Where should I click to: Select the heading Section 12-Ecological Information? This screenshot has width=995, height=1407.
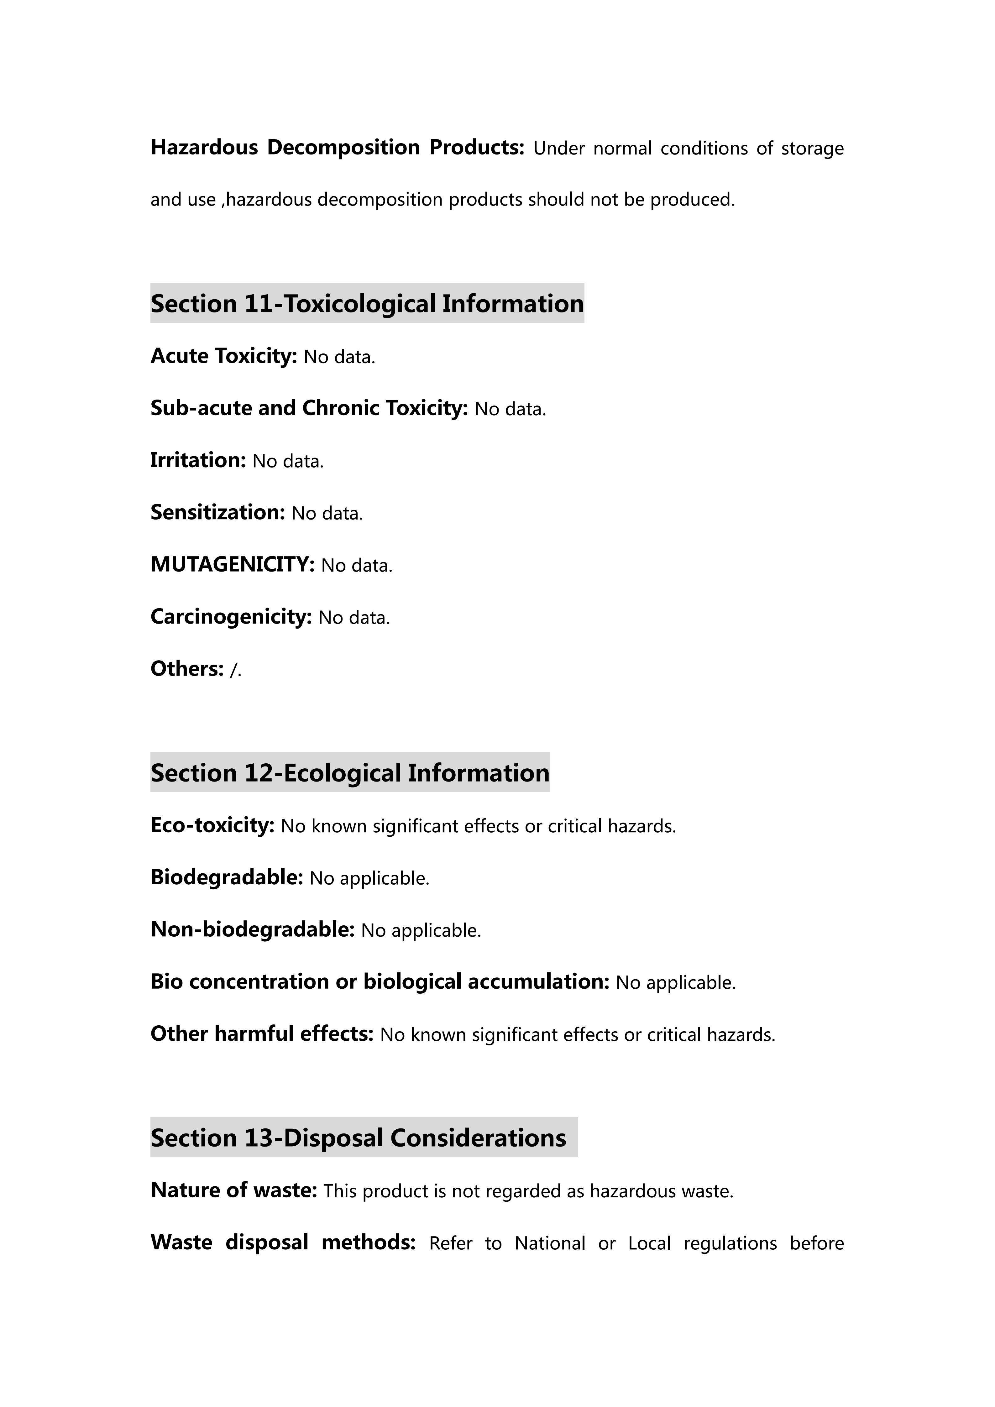[x=350, y=773]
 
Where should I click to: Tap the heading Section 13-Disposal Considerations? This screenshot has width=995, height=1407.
[x=359, y=1138]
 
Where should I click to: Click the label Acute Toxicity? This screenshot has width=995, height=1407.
[x=224, y=356]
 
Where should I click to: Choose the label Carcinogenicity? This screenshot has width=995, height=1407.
[x=231, y=616]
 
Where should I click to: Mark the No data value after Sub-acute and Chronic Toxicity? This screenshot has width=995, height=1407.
[x=510, y=409]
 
